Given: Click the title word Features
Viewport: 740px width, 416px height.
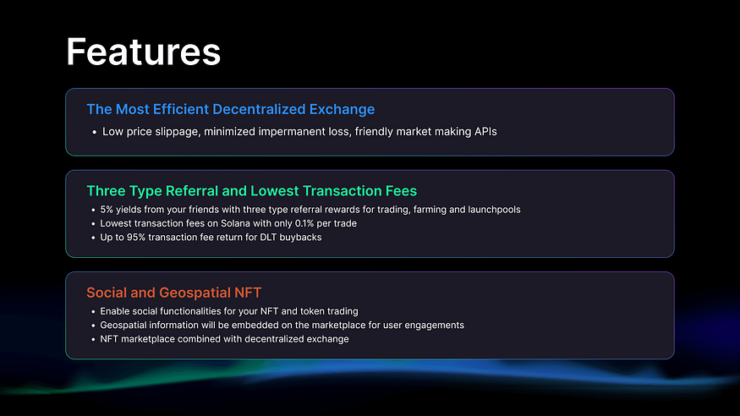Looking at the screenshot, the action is [x=144, y=52].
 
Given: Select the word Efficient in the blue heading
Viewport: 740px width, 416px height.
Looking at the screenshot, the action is [x=181, y=109].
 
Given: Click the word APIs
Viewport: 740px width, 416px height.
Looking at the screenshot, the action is [x=485, y=132].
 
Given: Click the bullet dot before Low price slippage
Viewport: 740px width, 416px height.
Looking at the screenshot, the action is [x=94, y=132].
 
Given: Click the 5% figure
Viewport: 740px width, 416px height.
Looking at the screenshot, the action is [x=107, y=210].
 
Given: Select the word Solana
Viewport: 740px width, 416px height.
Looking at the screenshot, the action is [x=235, y=223].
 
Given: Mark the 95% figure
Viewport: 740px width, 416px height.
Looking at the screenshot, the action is [x=136, y=238].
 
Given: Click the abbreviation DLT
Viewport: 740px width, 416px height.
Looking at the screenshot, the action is [x=268, y=238].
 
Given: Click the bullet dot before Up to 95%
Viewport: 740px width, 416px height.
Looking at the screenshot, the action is [x=93, y=238].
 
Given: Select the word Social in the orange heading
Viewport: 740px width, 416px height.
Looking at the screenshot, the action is [x=107, y=293].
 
